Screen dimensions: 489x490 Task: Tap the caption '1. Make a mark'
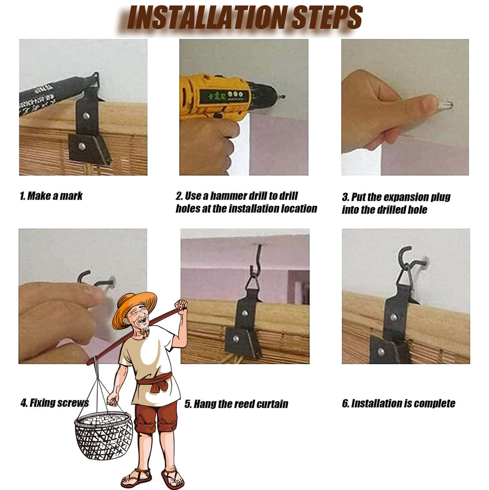(x=51, y=196)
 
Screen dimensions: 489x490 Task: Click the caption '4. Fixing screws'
(x=55, y=403)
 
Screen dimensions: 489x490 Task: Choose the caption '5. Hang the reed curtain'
(x=236, y=404)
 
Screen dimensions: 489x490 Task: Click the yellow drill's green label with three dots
(x=222, y=95)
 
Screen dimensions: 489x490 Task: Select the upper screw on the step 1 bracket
(x=86, y=116)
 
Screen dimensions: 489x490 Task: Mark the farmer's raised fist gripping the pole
(x=181, y=305)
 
